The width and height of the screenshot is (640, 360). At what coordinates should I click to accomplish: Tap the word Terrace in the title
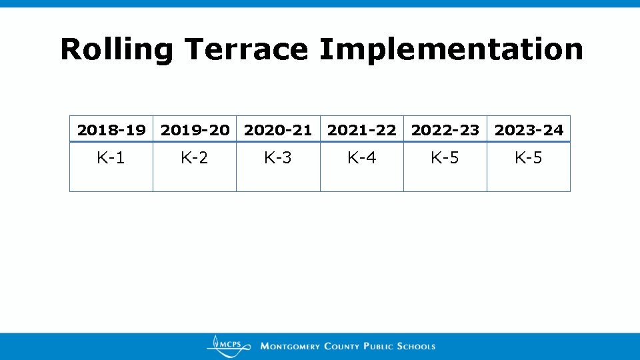247,49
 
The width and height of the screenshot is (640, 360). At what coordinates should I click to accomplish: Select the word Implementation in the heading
451,49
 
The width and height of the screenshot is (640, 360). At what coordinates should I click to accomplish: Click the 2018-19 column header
111,130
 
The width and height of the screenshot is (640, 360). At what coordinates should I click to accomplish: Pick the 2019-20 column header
195,130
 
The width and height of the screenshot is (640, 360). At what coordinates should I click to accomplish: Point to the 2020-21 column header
278,130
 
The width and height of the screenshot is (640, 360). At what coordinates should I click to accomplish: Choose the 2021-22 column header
361,130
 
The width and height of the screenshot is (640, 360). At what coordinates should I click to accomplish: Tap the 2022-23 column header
445,130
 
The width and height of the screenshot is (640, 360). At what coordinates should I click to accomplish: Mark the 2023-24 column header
529,130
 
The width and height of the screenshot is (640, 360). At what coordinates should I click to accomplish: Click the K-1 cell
111,158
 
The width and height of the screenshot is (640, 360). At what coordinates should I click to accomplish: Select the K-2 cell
194,158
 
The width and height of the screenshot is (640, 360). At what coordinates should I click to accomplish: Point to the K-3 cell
278,158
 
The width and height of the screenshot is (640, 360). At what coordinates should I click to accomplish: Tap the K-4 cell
361,158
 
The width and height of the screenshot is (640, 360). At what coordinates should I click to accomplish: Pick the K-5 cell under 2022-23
445,158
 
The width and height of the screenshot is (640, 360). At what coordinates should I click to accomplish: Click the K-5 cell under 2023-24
529,158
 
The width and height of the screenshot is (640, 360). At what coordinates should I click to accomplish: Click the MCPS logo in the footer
228,345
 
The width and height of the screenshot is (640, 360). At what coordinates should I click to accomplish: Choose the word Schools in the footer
416,347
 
